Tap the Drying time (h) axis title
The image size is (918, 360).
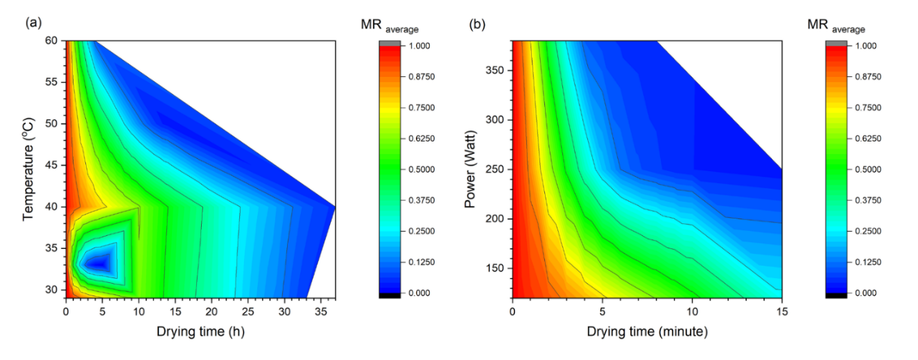[x=200, y=332]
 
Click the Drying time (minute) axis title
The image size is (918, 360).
[x=647, y=332]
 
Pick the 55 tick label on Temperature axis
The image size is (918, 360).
[x=53, y=83]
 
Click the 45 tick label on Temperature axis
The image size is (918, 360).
[x=53, y=165]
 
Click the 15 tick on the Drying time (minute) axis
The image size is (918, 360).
[x=782, y=311]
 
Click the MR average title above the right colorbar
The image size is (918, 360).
[x=835, y=26]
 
